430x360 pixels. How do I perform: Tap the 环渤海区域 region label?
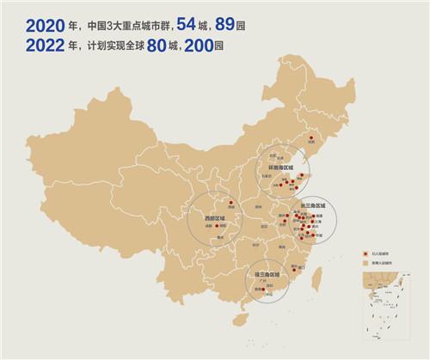281,165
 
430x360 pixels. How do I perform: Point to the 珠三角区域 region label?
261,276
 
